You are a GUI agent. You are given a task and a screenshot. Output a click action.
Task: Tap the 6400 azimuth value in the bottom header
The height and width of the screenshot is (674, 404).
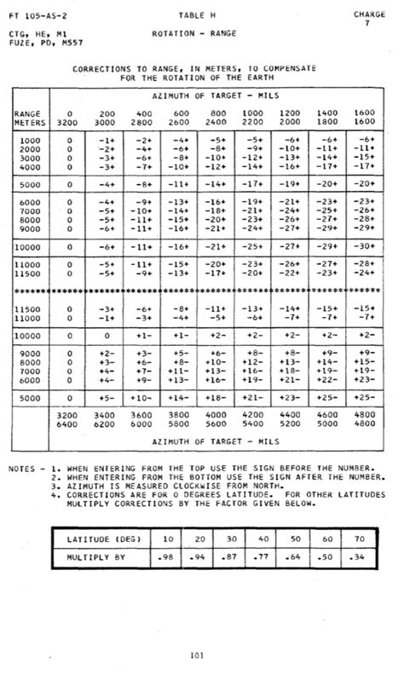[68, 423]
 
